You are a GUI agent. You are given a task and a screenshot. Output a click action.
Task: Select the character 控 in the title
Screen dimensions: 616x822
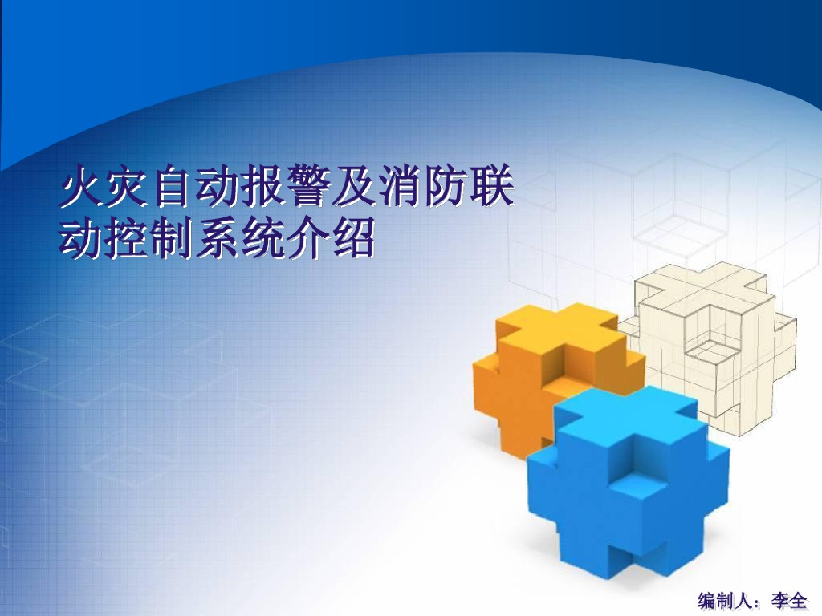[128, 238]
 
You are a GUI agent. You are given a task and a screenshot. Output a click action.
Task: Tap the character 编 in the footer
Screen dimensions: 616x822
[708, 600]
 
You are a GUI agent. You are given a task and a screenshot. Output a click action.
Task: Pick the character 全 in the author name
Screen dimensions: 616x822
[800, 600]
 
